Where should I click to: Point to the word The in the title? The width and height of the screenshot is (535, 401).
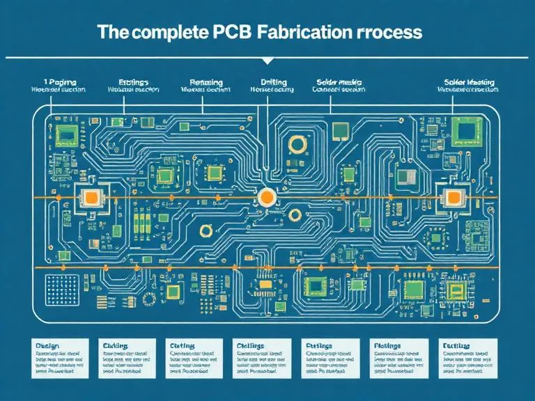(113, 32)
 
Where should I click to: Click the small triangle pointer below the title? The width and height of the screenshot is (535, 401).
(267, 61)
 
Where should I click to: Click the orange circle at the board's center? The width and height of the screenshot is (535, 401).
(265, 197)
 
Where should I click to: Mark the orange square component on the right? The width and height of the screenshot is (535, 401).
(454, 198)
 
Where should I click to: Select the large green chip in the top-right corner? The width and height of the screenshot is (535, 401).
(465, 129)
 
